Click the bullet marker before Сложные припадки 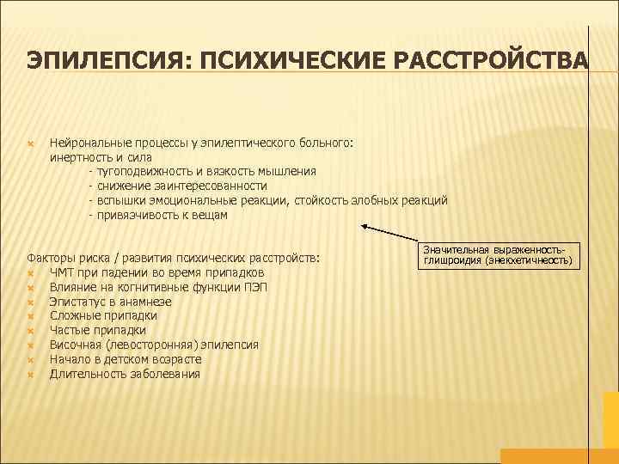(30, 316)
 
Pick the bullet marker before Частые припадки (30, 331)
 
